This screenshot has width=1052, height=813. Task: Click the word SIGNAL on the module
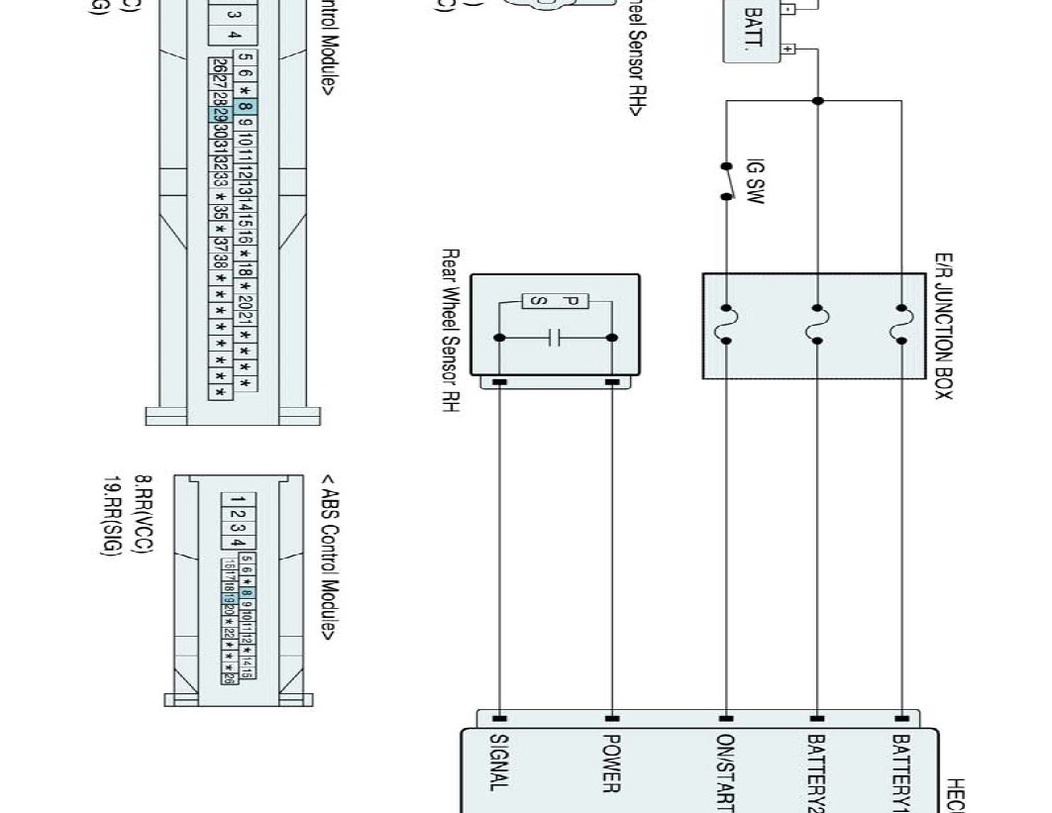pos(499,762)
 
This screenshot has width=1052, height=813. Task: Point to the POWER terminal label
pos(611,762)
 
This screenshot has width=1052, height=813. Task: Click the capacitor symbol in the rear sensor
pos(556,338)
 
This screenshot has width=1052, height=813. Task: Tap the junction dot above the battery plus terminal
pos(817,100)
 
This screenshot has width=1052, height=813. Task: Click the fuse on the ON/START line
pos(727,326)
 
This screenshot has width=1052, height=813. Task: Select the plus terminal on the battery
pos(789,47)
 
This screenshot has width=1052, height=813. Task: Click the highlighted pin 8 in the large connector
pos(246,107)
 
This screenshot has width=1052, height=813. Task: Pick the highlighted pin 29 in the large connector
pos(219,114)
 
